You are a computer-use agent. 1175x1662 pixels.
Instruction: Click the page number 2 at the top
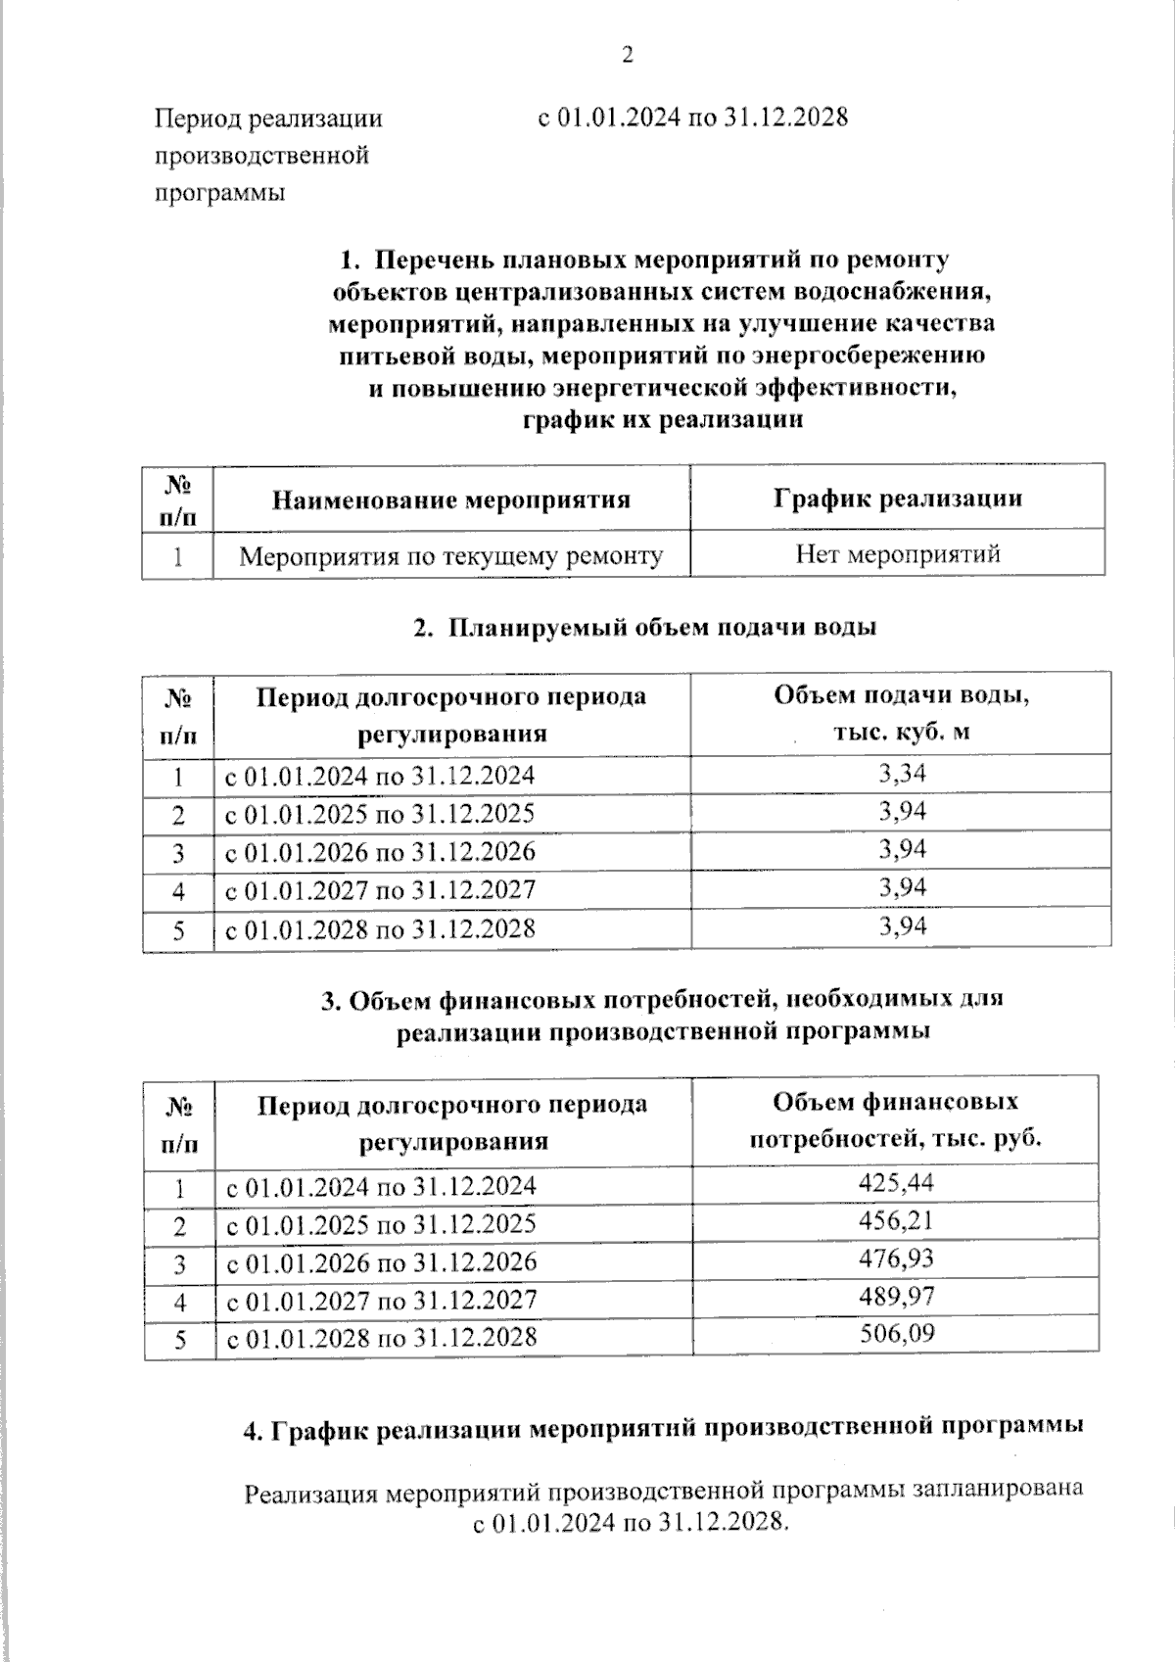click(627, 55)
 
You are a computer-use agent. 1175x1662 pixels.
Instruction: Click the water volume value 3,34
click(902, 775)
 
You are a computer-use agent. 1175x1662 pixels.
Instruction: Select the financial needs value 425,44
click(896, 1183)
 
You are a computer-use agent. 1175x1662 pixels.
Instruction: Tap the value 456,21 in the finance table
click(896, 1220)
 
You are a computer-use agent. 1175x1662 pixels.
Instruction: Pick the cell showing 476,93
click(896, 1258)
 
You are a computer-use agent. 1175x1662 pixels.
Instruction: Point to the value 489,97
click(896, 1297)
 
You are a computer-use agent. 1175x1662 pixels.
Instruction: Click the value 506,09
click(896, 1334)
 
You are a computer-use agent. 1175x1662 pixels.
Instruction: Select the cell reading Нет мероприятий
click(897, 554)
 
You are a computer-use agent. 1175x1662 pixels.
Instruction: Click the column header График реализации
click(897, 498)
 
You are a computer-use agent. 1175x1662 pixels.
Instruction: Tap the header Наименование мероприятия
click(450, 499)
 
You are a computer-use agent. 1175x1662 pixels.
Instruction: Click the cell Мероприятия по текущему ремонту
click(450, 556)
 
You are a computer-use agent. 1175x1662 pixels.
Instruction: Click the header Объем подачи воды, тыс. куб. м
click(901, 713)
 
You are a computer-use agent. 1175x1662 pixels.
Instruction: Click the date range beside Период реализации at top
click(693, 118)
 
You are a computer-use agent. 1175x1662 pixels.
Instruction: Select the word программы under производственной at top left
click(219, 192)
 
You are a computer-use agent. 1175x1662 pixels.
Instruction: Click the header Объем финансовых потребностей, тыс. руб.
click(895, 1120)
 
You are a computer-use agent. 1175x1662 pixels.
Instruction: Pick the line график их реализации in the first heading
click(663, 420)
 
